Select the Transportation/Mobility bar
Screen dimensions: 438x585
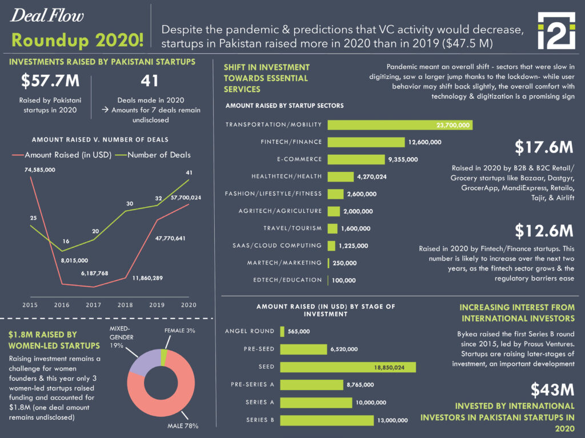pyautogui.click(x=400, y=125)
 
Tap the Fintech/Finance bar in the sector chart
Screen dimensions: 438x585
pyautogui.click(x=366, y=142)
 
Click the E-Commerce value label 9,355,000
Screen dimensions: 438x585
pyautogui.click(x=403, y=160)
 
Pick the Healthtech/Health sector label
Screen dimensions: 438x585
pyautogui.click(x=286, y=176)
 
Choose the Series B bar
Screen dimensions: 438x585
pyautogui.click(x=326, y=420)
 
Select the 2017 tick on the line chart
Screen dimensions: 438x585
pyautogui.click(x=93, y=306)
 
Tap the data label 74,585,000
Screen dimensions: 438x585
pyautogui.click(x=39, y=170)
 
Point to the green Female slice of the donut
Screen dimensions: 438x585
pyautogui.click(x=165, y=356)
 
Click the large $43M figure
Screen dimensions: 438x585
pyautogui.click(x=551, y=390)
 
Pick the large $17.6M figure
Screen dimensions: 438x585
pyautogui.click(x=543, y=147)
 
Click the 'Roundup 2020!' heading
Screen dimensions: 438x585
pyautogui.click(x=77, y=41)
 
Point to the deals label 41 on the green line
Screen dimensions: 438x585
pyautogui.click(x=190, y=173)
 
